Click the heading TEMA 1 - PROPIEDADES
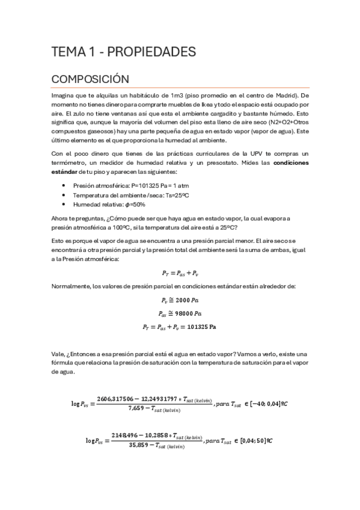click(123, 52)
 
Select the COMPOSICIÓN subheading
click(91, 79)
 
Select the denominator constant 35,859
click(139, 446)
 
